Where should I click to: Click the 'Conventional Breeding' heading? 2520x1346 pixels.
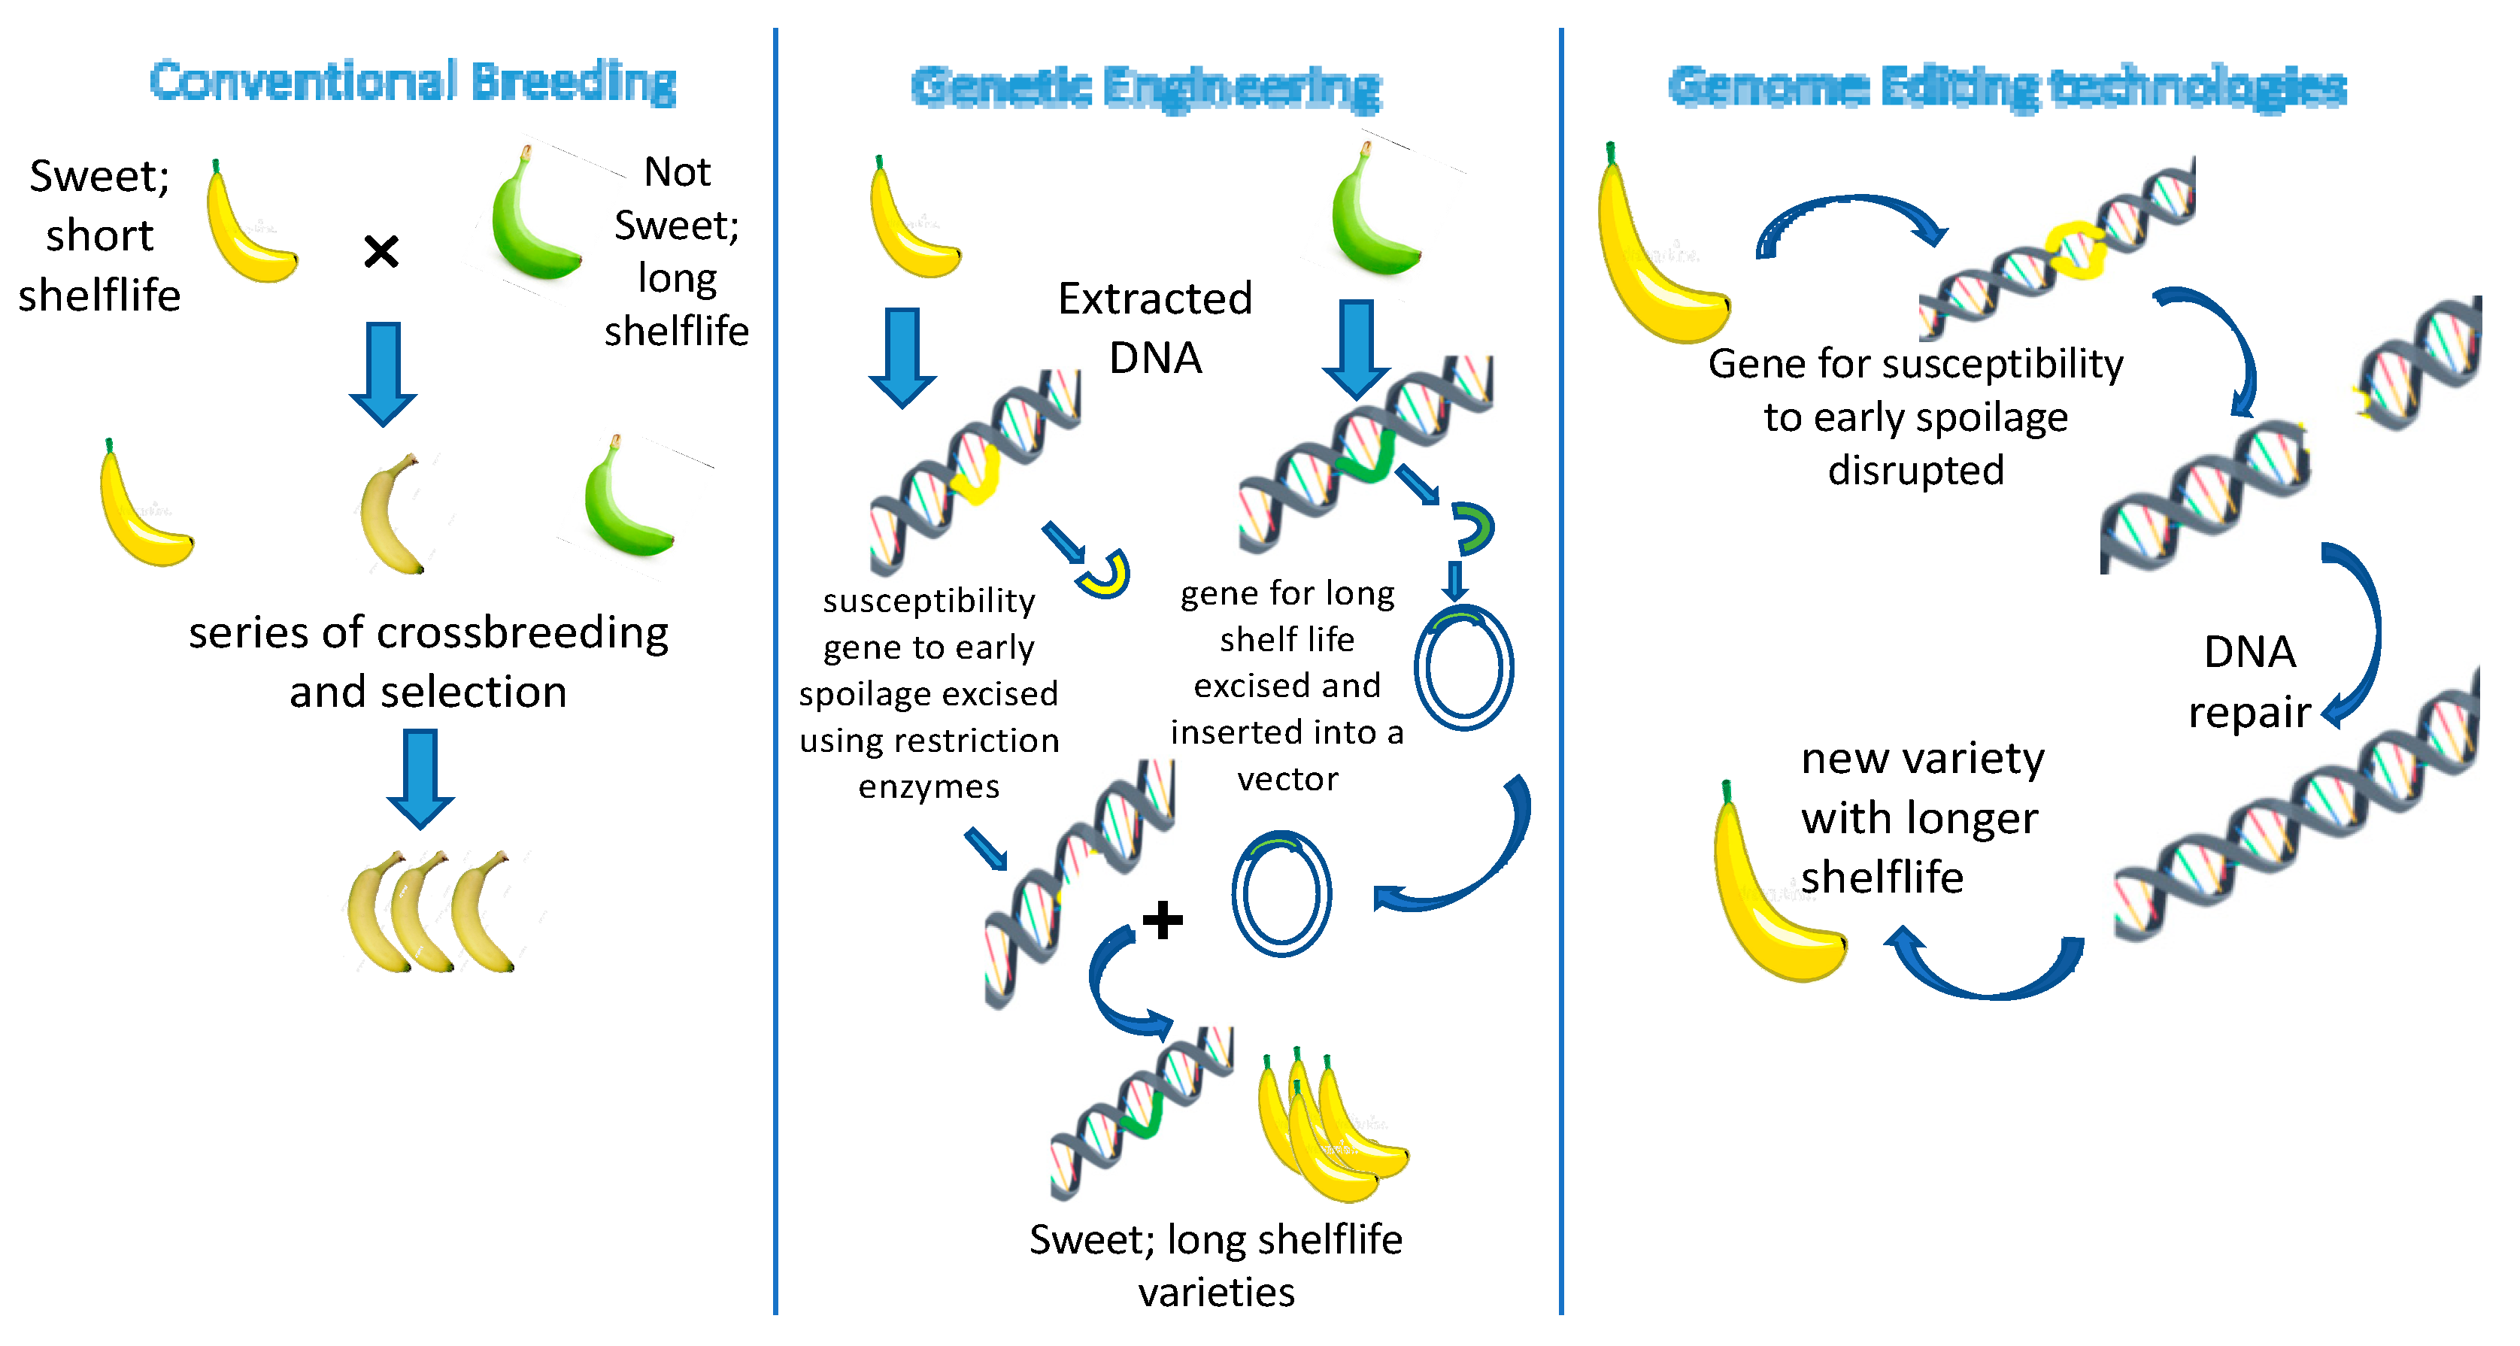(412, 81)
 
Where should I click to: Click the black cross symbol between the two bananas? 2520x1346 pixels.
(381, 251)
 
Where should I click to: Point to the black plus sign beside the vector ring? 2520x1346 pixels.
(1162, 920)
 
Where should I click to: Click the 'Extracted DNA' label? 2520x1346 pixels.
(1154, 328)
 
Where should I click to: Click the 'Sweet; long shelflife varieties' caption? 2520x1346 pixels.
(1216, 1265)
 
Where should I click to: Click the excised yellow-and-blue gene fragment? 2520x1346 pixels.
(1105, 575)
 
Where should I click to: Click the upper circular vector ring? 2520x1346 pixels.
(1463, 667)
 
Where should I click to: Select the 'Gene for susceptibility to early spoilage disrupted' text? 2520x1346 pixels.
(1915, 417)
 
